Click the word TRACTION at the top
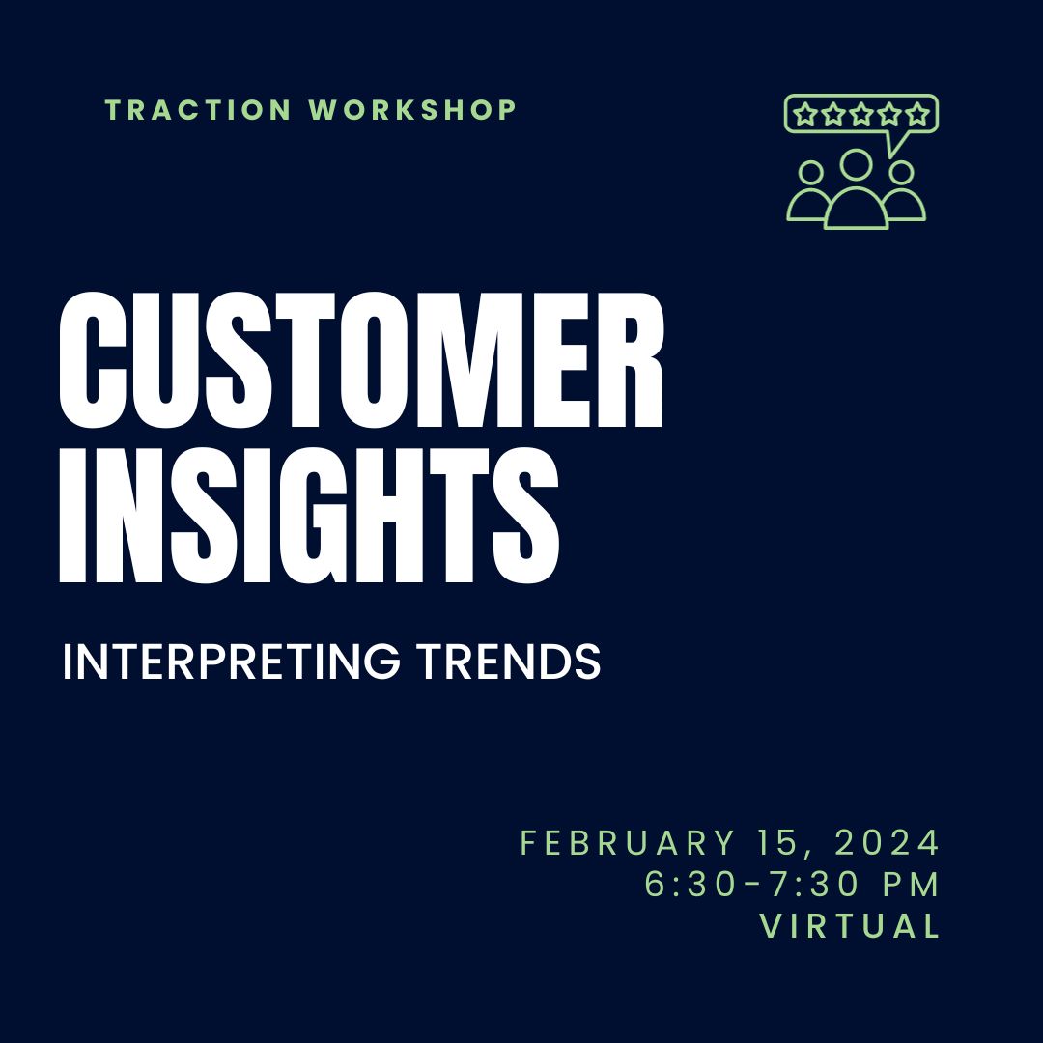198,110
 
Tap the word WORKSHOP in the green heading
412,110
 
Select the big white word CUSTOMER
361,360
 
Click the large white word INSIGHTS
309,516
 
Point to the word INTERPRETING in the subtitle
232,662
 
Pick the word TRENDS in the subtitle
509,662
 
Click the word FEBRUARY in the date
628,843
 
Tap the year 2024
887,843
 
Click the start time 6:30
691,884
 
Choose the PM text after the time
911,884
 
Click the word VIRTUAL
850,925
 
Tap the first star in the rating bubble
805,114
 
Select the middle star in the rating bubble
861,114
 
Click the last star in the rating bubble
917,114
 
